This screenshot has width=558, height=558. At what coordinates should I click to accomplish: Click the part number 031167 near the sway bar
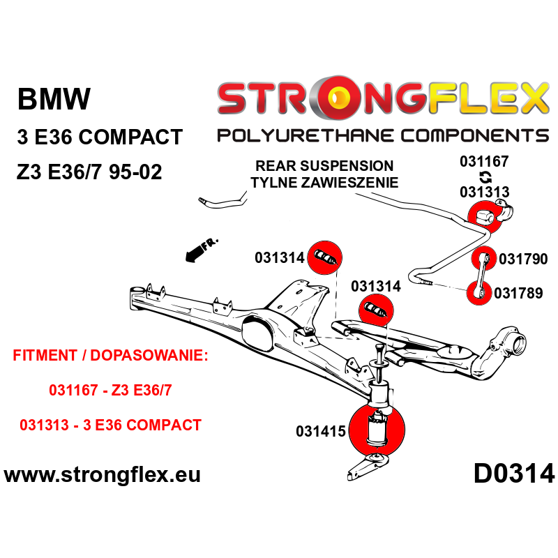484,162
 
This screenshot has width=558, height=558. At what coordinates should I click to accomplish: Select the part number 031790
523,259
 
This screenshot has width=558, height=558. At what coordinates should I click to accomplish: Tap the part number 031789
518,294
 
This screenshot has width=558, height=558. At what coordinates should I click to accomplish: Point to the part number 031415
321,432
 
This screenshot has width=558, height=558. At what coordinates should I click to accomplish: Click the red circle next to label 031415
377,431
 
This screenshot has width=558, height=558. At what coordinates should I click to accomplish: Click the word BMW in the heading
54,100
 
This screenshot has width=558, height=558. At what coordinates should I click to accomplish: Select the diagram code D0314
514,474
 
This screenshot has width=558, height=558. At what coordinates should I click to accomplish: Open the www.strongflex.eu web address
103,475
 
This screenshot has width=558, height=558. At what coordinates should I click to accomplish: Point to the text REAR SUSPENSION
324,166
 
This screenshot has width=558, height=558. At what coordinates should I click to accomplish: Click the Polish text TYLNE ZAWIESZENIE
324,183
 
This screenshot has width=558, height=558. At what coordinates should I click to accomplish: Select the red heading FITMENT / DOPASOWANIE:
111,355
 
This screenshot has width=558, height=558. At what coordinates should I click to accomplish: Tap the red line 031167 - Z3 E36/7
110,391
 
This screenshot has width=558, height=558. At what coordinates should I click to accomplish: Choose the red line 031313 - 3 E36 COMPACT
110,425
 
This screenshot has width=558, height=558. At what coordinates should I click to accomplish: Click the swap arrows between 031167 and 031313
485,177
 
